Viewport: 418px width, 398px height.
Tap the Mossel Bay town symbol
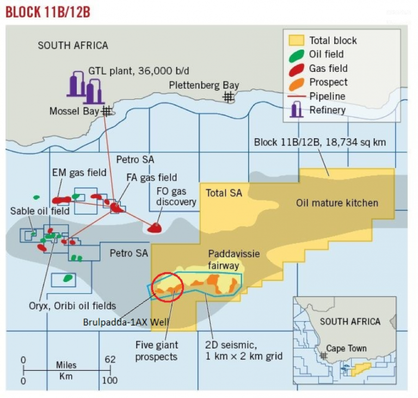107,111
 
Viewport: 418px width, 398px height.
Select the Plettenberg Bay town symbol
229,96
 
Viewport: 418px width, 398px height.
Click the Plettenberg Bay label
204,85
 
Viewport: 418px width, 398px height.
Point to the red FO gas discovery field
156,227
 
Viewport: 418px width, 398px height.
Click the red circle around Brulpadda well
167,285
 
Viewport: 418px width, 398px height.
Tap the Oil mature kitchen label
337,203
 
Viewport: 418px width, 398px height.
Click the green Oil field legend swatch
296,55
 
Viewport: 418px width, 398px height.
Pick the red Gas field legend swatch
296,69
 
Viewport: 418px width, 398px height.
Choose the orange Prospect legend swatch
296,83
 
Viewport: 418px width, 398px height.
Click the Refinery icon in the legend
296,110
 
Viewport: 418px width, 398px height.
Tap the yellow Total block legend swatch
296,40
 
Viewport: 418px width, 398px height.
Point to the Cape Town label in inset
346,348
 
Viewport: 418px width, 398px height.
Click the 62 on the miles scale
109,360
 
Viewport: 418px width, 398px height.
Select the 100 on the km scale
109,380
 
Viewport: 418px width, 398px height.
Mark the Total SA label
224,193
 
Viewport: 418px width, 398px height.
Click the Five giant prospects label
157,351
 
